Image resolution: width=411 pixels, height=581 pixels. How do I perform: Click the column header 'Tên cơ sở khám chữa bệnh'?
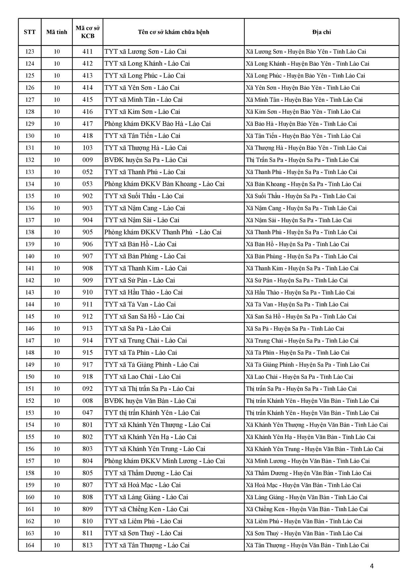tap(174, 32)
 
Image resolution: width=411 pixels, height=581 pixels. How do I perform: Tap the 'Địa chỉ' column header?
tap(321, 32)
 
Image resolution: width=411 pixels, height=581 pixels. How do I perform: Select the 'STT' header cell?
tap(29, 32)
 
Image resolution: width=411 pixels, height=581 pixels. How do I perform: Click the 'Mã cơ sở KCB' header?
tap(87, 32)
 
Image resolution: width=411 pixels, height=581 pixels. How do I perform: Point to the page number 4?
tap(372, 566)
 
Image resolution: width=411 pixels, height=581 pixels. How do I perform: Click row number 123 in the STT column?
tap(29, 52)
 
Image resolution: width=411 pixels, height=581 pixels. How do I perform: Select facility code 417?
tap(87, 124)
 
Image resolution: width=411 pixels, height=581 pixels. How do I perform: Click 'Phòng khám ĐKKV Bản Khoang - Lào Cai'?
tap(164, 184)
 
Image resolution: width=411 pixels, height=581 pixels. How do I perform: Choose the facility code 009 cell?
tap(87, 160)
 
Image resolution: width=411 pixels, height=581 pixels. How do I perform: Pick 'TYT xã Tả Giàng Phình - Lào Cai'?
tap(152, 365)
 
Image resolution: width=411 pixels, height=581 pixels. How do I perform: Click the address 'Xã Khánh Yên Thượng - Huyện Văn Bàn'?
tap(317, 425)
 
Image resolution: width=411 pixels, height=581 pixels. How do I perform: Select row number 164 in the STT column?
tap(29, 545)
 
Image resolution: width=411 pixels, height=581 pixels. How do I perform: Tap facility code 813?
tap(87, 545)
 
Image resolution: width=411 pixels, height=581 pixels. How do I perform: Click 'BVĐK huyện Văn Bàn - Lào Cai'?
tap(150, 401)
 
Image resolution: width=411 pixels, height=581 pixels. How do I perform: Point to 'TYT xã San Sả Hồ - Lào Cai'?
tap(144, 317)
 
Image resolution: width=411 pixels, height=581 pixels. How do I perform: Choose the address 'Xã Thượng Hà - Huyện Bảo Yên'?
tap(306, 148)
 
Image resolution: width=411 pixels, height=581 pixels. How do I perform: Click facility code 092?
tap(87, 389)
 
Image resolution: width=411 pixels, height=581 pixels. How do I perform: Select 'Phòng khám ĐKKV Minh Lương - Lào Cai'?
tap(165, 461)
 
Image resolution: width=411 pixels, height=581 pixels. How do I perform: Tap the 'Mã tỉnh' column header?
tap(57, 32)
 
